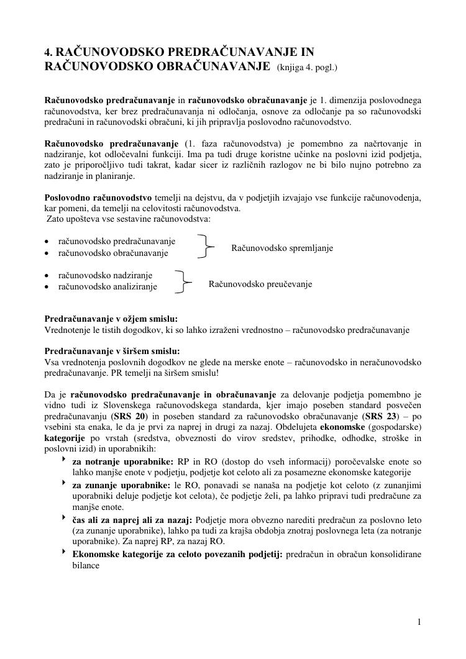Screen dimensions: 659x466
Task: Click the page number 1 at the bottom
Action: click(x=420, y=622)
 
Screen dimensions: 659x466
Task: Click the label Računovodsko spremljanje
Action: click(x=282, y=248)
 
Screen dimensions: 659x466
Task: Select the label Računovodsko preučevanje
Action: click(x=260, y=284)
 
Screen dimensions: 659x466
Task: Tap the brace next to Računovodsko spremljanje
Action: click(x=206, y=247)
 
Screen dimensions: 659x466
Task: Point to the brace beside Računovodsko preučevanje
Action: click(x=183, y=281)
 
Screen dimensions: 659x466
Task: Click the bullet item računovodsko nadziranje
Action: click(x=105, y=275)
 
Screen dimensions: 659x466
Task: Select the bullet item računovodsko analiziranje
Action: click(x=107, y=286)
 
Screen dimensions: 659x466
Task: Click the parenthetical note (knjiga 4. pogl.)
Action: click(x=306, y=66)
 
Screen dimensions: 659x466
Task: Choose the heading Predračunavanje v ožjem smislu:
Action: click(x=111, y=319)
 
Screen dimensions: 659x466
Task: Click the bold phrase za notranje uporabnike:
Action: click(x=122, y=461)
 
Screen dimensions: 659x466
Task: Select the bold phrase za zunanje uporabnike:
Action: click(x=121, y=484)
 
